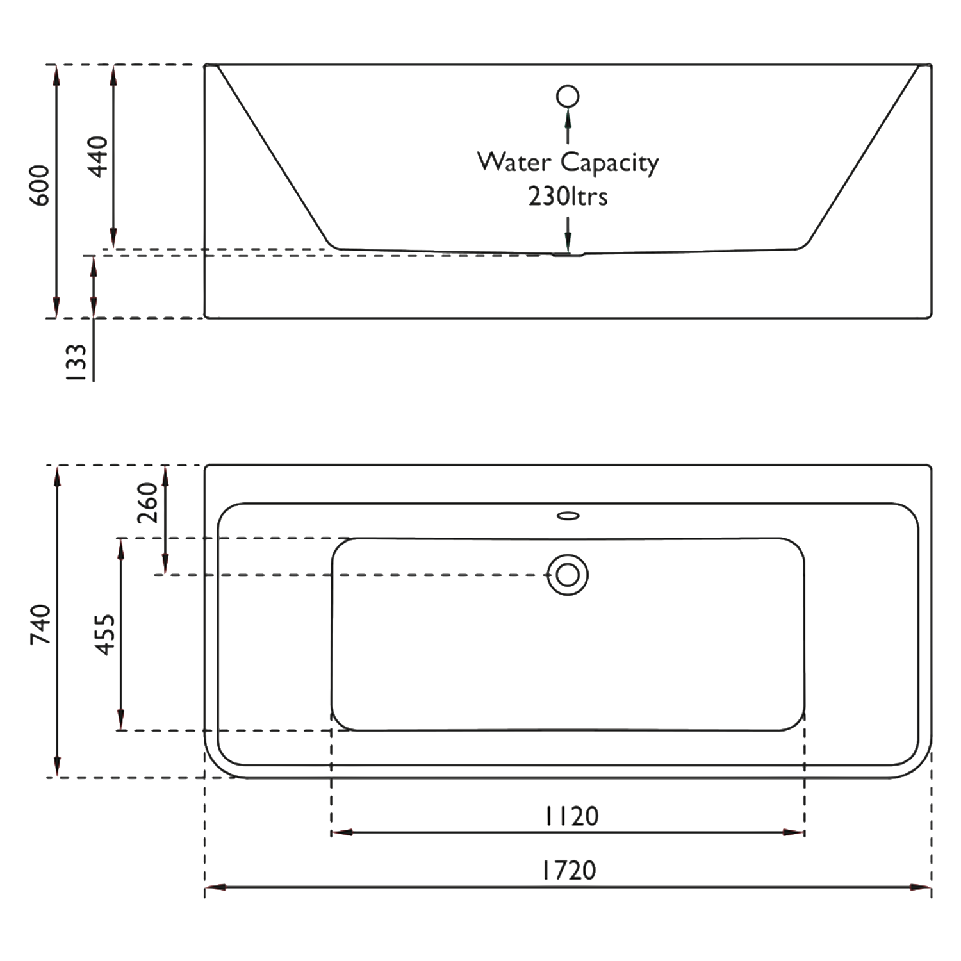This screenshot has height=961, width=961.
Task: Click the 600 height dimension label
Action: coord(40,185)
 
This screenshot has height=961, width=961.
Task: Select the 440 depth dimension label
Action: coord(99,156)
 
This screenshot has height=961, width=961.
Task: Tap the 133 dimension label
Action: coord(76,363)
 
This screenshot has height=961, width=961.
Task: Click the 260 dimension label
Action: coord(147,502)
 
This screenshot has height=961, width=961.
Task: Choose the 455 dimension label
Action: coord(105,634)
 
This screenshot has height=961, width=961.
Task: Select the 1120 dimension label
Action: coord(571,816)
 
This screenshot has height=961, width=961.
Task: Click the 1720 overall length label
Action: coord(569,870)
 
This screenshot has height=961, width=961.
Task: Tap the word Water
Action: coord(514,161)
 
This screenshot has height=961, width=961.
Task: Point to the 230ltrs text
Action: coord(568,196)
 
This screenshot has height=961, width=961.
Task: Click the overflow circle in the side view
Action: coord(568,96)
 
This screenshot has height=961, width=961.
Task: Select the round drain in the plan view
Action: coord(568,575)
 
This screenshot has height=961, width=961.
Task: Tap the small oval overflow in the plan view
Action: coord(568,515)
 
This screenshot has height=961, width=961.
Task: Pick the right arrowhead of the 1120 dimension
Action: coord(794,833)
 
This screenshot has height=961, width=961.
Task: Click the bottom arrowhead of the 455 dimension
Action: coord(120,720)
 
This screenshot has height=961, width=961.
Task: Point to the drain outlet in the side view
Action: coord(568,254)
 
